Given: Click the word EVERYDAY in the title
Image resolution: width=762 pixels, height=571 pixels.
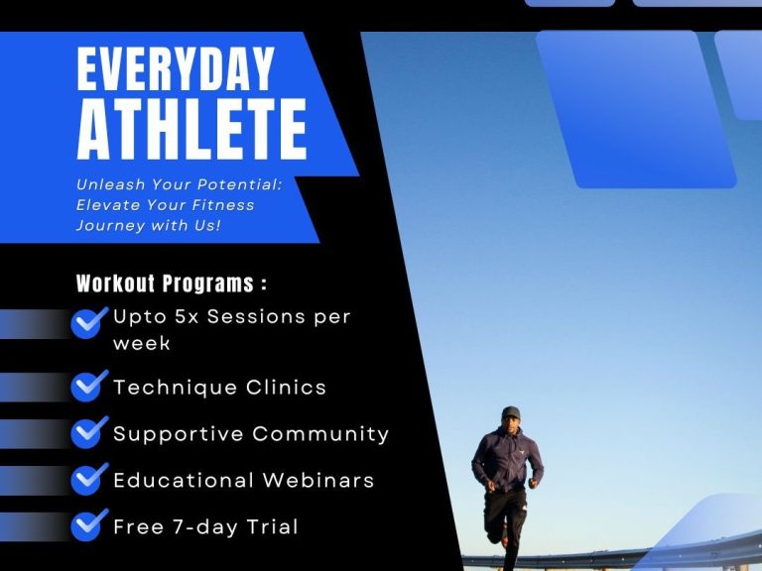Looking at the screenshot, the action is coord(176,69).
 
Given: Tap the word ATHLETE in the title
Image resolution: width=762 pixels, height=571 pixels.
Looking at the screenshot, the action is coord(191,130).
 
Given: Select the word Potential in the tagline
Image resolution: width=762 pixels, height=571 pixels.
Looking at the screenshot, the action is coord(239,184).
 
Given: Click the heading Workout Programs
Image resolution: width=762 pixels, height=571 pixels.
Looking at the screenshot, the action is coord(171,284).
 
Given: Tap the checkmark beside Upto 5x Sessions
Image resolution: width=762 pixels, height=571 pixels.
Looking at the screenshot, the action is coord(89,322).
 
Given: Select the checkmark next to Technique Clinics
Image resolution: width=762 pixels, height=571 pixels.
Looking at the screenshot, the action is coord(89,386).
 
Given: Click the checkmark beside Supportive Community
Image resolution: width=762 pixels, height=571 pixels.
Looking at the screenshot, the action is coord(89,431).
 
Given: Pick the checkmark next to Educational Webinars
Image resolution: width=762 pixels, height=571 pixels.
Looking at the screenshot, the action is coord(89,478).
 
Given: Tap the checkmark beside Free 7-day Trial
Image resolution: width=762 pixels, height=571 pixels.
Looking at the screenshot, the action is coord(89,524).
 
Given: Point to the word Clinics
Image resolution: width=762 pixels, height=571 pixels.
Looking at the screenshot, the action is coord(286,388).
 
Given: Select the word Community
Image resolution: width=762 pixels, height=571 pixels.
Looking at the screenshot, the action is coord(320,434).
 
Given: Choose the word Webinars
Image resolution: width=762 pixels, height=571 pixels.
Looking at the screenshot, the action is coord(318,480).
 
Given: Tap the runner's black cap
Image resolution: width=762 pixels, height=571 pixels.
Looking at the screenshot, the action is coord(511,412).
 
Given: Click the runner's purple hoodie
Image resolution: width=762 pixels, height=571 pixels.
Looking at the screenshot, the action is coord(507,459).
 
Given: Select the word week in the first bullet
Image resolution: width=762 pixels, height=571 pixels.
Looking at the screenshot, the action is coord(142,343).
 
